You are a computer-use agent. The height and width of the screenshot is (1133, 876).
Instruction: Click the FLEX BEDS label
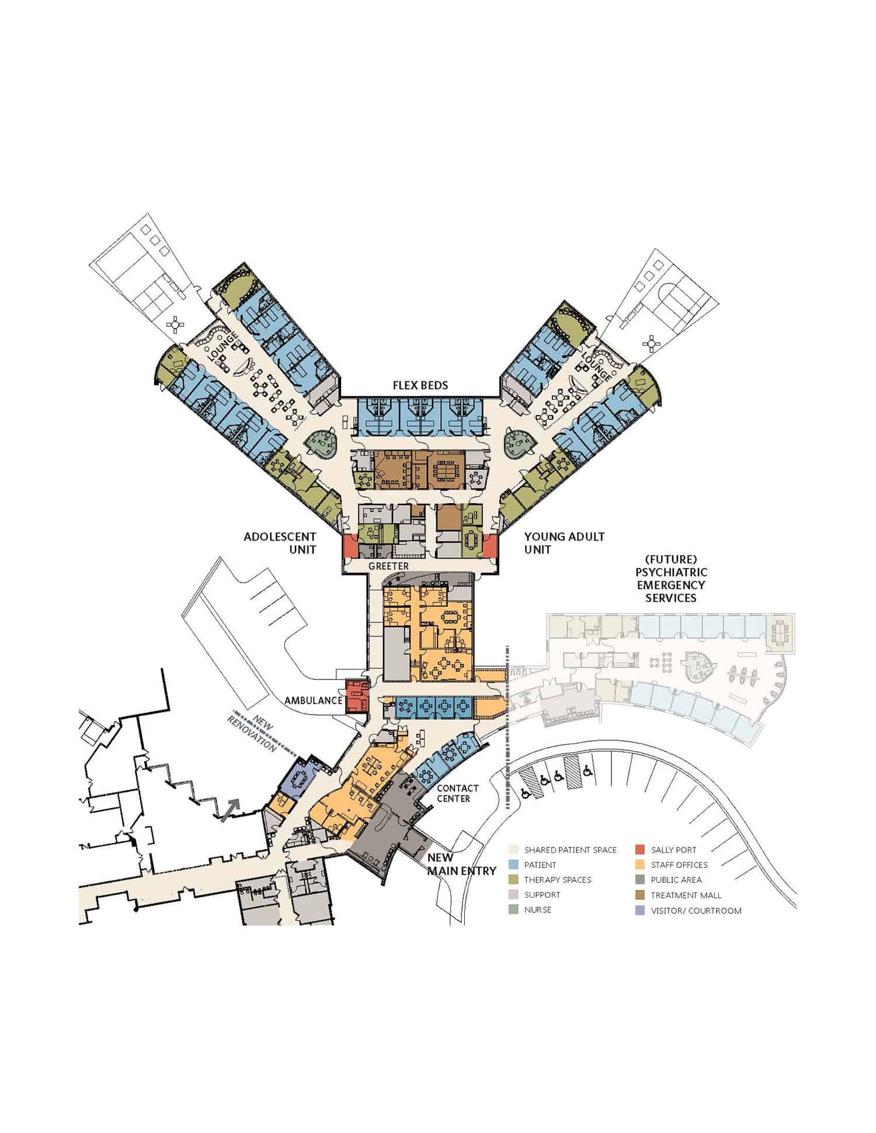pos(420,385)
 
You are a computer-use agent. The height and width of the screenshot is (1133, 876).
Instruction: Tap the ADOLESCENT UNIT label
pos(280,543)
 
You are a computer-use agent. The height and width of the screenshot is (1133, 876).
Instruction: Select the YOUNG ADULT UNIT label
pos(564,543)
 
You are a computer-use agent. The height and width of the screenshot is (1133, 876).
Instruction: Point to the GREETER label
pos(388,566)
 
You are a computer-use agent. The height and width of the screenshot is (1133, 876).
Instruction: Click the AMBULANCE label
pos(313,700)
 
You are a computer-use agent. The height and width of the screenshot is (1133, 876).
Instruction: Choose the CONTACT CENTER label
pos(457,793)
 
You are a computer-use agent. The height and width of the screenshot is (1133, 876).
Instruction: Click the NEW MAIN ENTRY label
pos(461,864)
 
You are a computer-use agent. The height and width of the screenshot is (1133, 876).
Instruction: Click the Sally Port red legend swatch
pos(640,850)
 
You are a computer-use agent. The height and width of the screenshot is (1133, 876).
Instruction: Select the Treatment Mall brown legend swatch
pos(640,895)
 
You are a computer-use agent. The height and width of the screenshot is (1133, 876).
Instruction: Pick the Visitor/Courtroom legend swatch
pos(640,911)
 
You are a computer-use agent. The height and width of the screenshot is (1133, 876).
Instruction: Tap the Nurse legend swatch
pos(513,909)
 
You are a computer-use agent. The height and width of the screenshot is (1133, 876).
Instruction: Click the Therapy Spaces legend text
pos(557,880)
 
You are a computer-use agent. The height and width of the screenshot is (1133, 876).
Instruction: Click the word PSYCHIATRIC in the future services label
pos(671,572)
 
